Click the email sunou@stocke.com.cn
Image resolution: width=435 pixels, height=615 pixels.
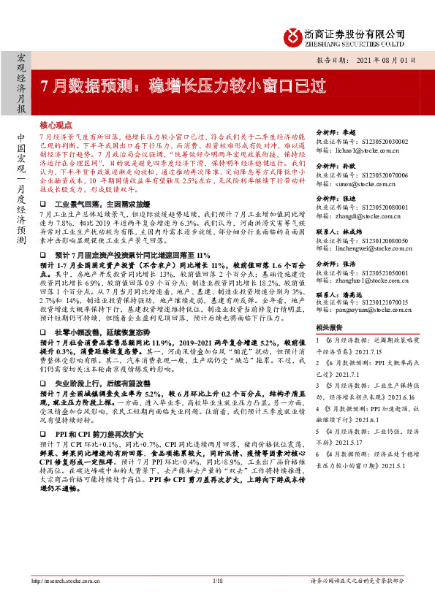355,186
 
